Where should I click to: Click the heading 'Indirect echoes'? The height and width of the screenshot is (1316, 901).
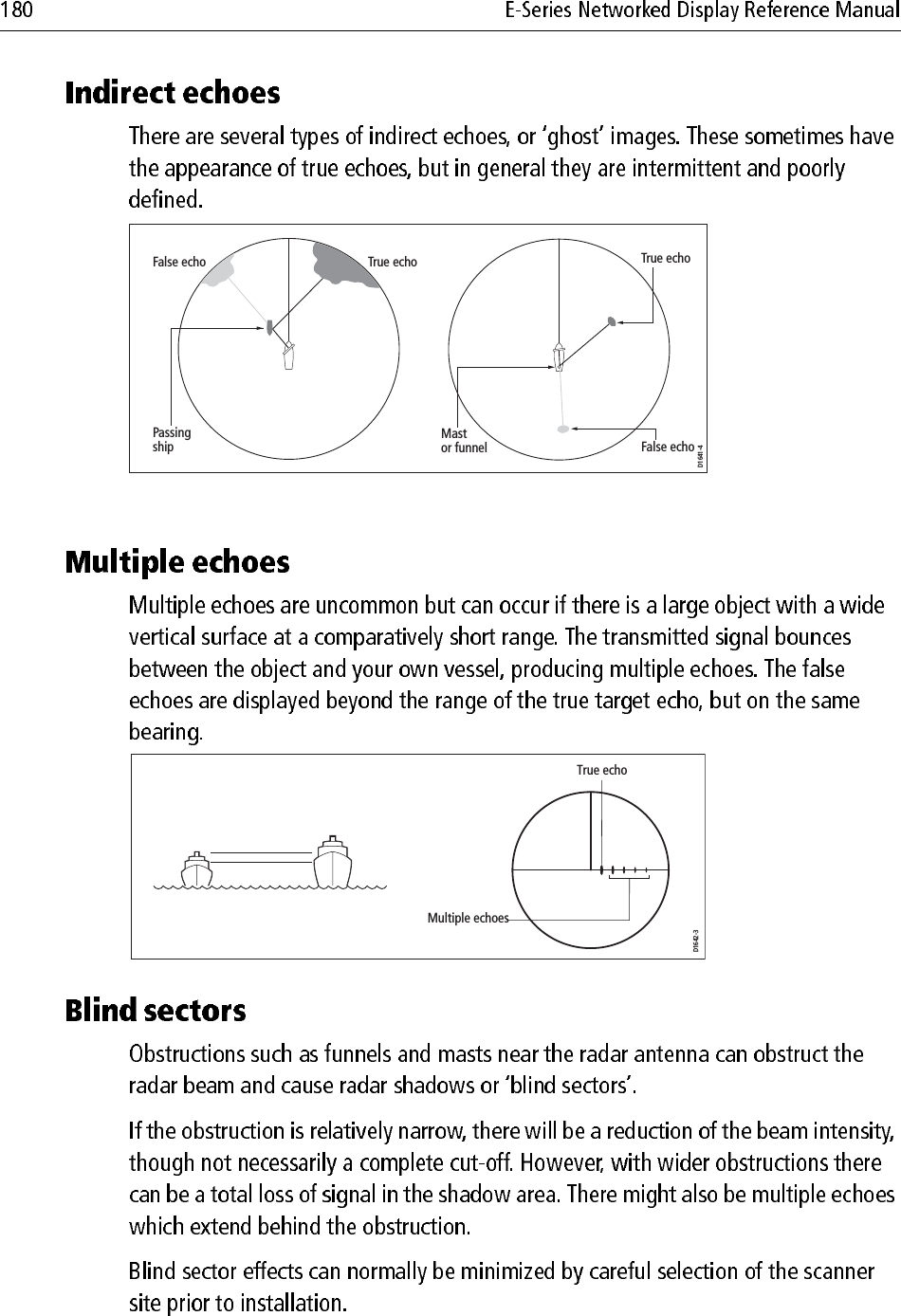click(x=172, y=94)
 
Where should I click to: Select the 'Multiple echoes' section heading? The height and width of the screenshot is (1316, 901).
click(x=176, y=562)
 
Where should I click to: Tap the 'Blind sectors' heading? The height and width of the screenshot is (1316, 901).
click(x=156, y=1011)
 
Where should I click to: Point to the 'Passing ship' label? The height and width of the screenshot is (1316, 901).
click(x=171, y=439)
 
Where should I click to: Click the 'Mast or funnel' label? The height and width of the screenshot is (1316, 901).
click(x=463, y=441)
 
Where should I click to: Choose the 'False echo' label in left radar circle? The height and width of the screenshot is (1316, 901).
click(x=178, y=263)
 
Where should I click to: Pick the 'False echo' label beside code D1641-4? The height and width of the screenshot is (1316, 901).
click(x=668, y=447)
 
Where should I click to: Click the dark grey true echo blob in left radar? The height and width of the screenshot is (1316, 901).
click(x=347, y=261)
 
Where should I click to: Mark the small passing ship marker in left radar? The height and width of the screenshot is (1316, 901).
click(x=270, y=327)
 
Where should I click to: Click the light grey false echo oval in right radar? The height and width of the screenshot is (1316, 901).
click(x=563, y=430)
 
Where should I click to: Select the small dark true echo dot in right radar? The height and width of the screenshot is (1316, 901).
click(x=613, y=322)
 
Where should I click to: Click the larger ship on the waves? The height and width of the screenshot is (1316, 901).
click(x=332, y=862)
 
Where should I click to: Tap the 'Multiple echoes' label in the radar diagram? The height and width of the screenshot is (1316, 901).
click(x=468, y=919)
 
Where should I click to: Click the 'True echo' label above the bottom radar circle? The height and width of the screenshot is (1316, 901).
click(x=601, y=770)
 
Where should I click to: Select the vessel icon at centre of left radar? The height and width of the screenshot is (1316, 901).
click(x=288, y=356)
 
